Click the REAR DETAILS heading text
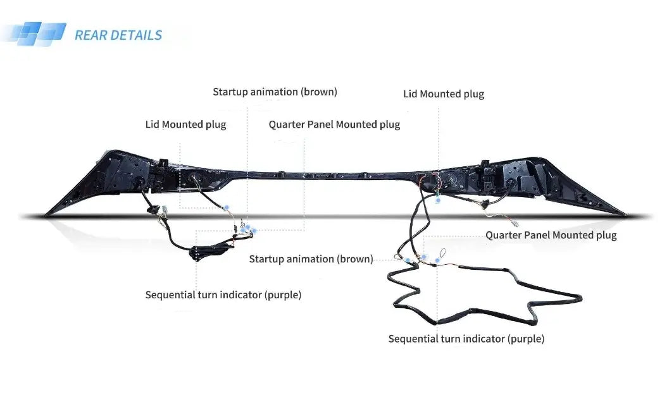pos(118,35)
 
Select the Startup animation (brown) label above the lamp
pos(275,92)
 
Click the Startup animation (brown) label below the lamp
pos(311,258)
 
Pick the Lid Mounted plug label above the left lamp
pos(185,125)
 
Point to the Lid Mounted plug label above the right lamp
pos(443,94)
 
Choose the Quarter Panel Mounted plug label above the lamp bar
pos(334,125)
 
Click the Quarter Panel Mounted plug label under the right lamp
pos(551,235)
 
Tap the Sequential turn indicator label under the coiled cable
pos(466,339)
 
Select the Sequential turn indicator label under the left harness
pos(223,295)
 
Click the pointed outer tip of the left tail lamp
pos(47,213)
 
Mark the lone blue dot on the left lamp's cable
pos(225,207)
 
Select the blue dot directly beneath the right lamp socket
pos(438,200)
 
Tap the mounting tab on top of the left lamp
pos(161,163)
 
